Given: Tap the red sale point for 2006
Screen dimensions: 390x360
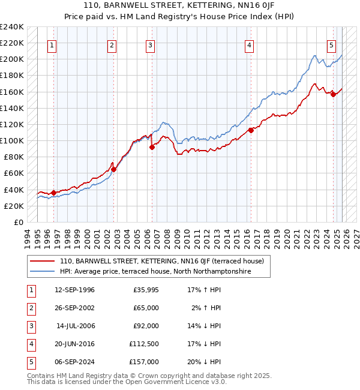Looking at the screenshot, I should click(x=152, y=147).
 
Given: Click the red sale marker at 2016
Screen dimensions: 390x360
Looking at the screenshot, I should click(x=251, y=130).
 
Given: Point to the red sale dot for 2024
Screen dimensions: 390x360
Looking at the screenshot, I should click(x=333, y=94).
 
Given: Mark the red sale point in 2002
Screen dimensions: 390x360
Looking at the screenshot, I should click(x=113, y=169).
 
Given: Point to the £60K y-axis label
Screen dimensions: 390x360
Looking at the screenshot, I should click(x=13, y=173).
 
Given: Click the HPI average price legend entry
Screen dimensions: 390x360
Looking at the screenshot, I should click(x=155, y=271).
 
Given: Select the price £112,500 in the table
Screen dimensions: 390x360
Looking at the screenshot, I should click(x=144, y=344).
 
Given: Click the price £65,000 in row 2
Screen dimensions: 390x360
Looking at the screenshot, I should click(x=146, y=308).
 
